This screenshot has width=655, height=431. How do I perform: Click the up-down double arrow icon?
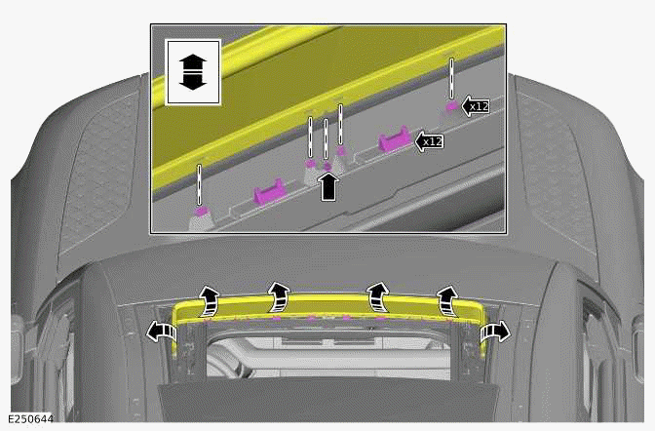tap(194, 72)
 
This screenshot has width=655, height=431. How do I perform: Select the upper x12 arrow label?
tap(475, 105)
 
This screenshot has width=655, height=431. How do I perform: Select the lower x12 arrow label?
tap(429, 142)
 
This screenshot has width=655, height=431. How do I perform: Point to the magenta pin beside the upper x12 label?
tap(451, 104)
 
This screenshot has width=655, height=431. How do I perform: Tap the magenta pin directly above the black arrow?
tap(327, 166)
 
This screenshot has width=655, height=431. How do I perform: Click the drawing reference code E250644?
tap(29, 420)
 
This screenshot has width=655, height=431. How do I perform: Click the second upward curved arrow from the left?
tap(280, 294)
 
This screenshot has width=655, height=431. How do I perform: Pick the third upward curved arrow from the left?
tap(375, 294)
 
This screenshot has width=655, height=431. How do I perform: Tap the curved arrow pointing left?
tap(158, 332)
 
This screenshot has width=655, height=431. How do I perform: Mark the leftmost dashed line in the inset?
tap(200, 183)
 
